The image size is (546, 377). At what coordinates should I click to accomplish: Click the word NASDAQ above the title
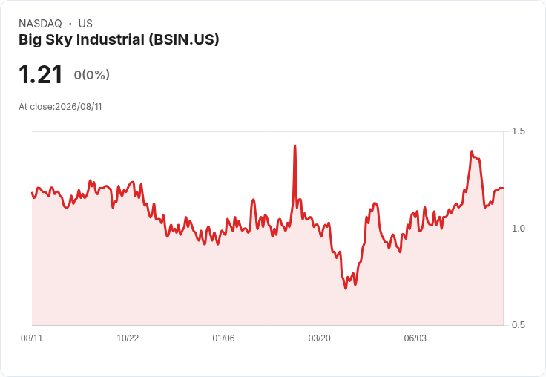pos(40,24)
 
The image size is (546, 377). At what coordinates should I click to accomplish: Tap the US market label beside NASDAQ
pos(85,24)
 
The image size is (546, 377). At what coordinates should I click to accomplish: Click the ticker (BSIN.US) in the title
pos(184,39)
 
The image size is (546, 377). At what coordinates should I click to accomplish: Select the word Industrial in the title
pos(111,39)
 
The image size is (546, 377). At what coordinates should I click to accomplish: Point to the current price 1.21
pos(40,74)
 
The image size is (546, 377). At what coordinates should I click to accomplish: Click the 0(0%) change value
pos(92,74)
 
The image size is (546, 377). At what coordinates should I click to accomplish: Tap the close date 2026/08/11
pos(79,107)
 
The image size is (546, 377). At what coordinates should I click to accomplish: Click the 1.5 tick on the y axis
pos(518,131)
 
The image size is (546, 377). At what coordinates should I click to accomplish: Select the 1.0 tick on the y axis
pos(518,229)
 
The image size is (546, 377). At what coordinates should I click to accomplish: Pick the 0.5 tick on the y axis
pos(518,325)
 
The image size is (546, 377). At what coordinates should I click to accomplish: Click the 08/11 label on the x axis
pos(32,338)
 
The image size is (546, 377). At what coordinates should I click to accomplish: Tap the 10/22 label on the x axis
pos(128,338)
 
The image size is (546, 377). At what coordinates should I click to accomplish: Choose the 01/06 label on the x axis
pos(223,338)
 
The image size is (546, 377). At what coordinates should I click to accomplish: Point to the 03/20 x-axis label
pos(319,338)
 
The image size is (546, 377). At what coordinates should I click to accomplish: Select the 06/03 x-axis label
pos(415,338)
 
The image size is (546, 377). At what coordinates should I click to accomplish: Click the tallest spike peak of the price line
pos(295,145)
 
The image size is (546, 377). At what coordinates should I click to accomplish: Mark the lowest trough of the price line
pos(346,288)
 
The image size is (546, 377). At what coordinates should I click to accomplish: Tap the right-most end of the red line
pos(503,188)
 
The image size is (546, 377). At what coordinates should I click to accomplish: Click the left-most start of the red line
pos(32,193)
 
